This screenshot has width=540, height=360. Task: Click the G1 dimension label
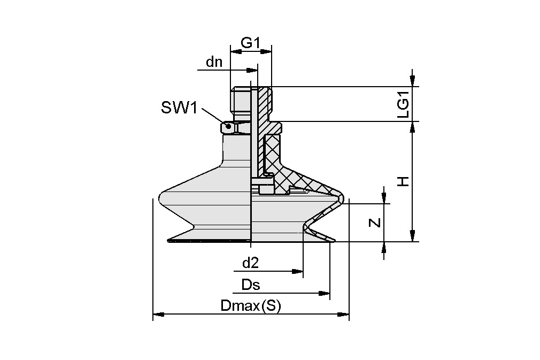coord(250,43)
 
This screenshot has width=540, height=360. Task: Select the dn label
coord(214,62)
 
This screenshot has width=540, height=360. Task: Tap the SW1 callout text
coord(179,108)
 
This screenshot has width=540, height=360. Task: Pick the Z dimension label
coord(376,223)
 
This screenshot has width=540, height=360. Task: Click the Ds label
coord(250,285)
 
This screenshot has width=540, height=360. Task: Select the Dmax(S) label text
coord(250,307)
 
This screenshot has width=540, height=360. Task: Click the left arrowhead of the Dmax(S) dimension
coord(157,315)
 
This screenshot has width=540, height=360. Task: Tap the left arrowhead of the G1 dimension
coord(234,51)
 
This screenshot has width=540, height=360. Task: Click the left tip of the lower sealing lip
coord(169,239)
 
